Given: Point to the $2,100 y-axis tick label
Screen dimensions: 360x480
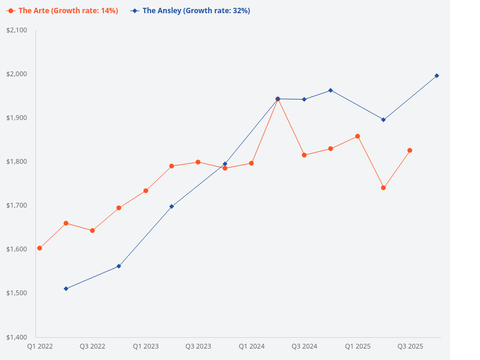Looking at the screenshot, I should pos(16,30).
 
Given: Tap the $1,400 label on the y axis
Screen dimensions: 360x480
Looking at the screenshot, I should pos(16,337).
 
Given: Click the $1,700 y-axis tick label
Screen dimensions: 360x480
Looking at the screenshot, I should pos(16,205).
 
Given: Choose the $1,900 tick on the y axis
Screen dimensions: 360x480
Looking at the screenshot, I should pos(16,118).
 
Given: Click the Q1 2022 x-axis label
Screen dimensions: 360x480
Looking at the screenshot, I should pos(40,346).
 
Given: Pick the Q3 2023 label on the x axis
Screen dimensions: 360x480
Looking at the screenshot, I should pos(198,346).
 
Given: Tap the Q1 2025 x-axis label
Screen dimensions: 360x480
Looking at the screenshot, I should pos(358,346).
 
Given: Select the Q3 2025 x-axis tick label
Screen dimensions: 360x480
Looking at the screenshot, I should pos(410,346).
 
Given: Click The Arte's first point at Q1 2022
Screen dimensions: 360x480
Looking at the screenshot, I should pos(40,248).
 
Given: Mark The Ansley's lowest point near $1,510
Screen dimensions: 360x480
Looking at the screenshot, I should pos(66,289).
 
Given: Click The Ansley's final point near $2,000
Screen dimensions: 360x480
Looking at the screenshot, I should pos(437,76).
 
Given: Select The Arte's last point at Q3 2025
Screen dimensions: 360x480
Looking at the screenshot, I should pos(410,150).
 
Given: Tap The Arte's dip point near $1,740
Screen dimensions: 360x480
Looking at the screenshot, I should pos(383,188).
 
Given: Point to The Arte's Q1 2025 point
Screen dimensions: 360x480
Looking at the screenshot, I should pos(358,136).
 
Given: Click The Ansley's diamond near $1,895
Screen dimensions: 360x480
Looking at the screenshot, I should pos(383,119).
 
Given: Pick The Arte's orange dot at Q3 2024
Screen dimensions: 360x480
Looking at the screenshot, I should pos(304,155).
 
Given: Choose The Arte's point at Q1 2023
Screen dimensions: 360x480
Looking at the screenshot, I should pos(145,191).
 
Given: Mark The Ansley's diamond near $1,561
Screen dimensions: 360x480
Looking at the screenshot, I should pos(119,266).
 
